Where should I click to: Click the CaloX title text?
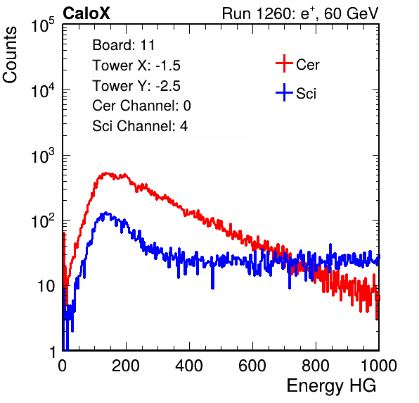[x=86, y=13]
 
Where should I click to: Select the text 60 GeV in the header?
[x=351, y=13]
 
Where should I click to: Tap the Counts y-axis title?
[x=10, y=55]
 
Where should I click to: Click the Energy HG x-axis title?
[x=331, y=386]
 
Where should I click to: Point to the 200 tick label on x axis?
[x=126, y=366]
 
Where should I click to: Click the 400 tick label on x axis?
[x=189, y=366]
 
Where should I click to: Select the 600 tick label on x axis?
[x=252, y=366]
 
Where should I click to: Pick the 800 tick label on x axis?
[x=316, y=366]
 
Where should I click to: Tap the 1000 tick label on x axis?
[x=379, y=366]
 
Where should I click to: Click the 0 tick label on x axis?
[x=63, y=366]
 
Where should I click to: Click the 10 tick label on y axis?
[x=46, y=286]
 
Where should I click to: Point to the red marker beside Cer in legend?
[x=284, y=63]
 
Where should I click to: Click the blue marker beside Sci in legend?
[x=284, y=93]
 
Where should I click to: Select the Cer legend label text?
[x=307, y=65]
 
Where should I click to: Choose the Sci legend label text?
[x=307, y=94]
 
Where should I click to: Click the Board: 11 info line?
[x=124, y=45]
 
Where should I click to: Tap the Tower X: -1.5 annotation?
[x=136, y=66]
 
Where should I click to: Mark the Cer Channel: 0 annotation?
[x=141, y=106]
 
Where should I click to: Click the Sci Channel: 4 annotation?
[x=140, y=126]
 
